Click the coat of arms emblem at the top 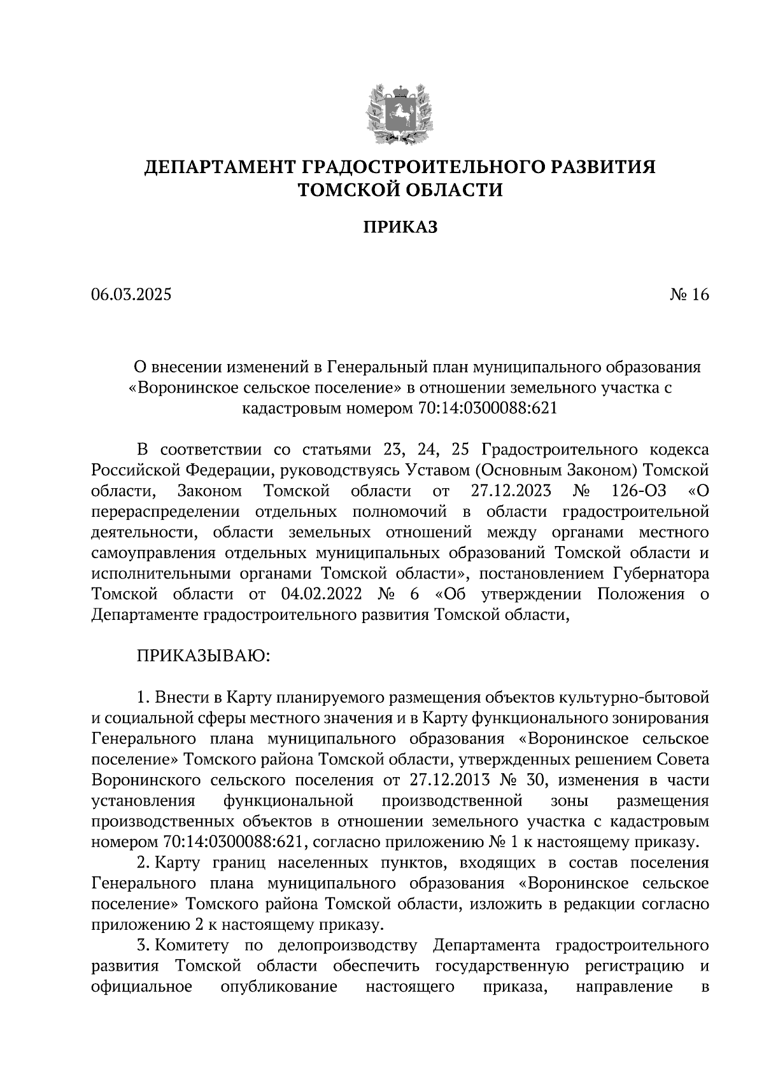click(x=399, y=113)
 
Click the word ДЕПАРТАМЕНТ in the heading click(x=220, y=167)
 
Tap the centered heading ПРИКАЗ click(x=400, y=227)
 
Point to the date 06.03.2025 click(x=131, y=295)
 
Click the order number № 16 click(x=689, y=295)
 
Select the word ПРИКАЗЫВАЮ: click(x=204, y=656)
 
